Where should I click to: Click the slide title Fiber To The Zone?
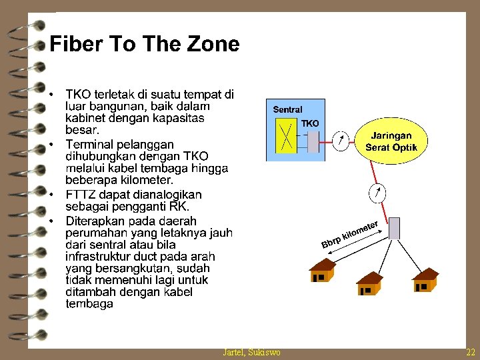point(145,44)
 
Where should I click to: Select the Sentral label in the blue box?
point(288,109)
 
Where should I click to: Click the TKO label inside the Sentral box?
point(310,123)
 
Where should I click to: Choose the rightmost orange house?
point(425,280)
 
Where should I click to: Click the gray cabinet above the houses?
point(394,228)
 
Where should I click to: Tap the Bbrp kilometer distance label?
point(351,234)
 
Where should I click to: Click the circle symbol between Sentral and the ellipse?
point(341,140)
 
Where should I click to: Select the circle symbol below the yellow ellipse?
point(377,193)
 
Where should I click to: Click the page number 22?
point(471,352)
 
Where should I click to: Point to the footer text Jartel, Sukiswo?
point(251,352)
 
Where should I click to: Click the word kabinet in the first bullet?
point(85,118)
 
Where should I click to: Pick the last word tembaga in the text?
point(89,304)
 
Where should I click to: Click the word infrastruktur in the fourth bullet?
point(99,256)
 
